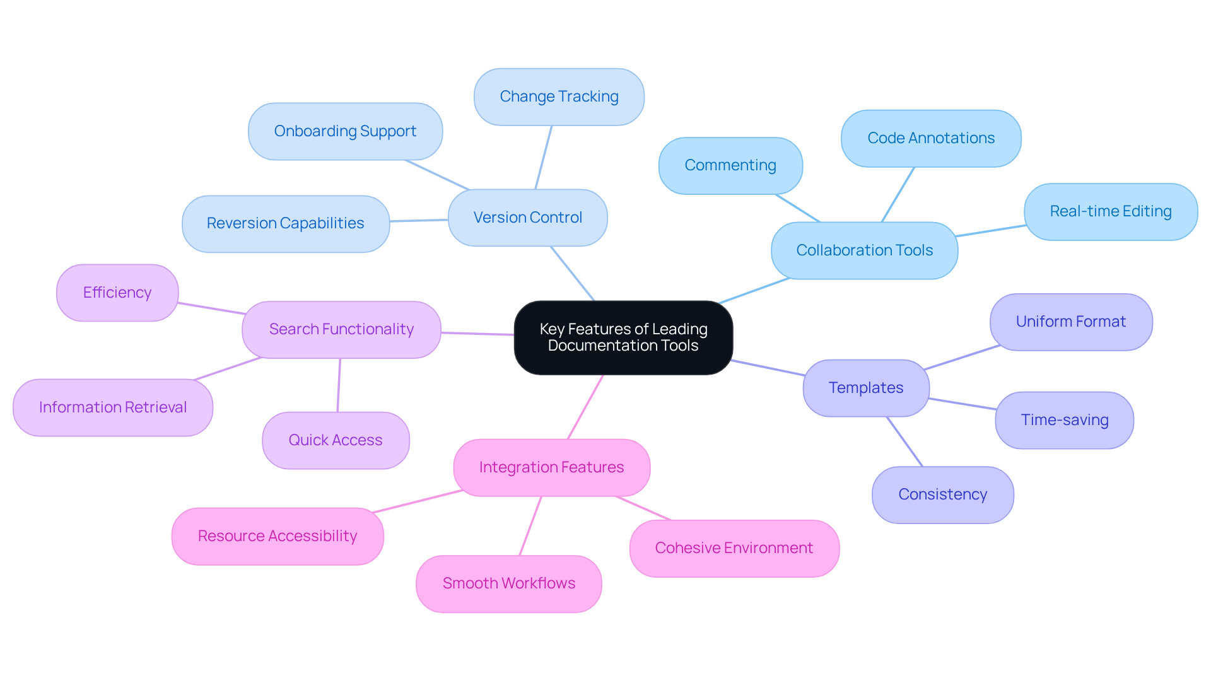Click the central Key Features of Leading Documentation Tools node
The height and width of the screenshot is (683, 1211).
(623, 337)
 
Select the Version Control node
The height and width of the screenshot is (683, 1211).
(527, 218)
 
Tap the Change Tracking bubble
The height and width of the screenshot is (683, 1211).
(559, 96)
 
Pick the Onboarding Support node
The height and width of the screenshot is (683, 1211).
(345, 131)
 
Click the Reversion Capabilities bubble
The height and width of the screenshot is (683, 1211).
(285, 223)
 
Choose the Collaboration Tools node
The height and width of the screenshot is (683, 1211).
(864, 250)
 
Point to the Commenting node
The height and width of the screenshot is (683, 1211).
(730, 165)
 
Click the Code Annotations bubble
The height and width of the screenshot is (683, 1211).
(931, 138)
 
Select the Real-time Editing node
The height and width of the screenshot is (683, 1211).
(1110, 211)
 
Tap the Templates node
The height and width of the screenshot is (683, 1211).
(865, 388)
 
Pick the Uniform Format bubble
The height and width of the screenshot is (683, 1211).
(1070, 322)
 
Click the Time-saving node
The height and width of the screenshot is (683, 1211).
(1064, 420)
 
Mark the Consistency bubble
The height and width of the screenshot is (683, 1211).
(942, 494)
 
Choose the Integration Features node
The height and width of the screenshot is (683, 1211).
(551, 467)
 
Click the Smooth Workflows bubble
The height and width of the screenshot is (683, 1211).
(508, 583)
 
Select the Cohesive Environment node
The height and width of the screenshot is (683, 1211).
(734, 548)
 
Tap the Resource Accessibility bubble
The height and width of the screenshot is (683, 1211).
(277, 536)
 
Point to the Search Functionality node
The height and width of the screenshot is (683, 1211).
(341, 329)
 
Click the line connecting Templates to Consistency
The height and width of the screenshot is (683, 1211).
(904, 441)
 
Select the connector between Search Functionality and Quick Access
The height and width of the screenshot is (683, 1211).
(339, 385)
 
